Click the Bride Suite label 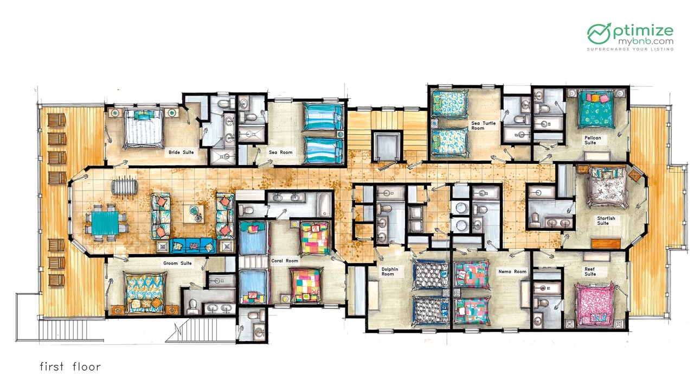(x=181, y=153)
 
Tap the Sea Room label (x=280, y=153)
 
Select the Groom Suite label (x=177, y=263)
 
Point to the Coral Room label (x=285, y=261)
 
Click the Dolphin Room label (x=390, y=272)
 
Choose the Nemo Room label (x=512, y=272)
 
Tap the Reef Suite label (x=590, y=272)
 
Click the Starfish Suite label (x=606, y=220)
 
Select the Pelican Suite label (x=593, y=140)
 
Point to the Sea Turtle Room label (x=483, y=125)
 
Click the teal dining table (x=105, y=223)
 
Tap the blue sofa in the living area (x=192, y=246)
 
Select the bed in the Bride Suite (x=144, y=129)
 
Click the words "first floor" (x=70, y=367)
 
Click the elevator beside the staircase (x=387, y=146)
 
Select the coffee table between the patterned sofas (x=194, y=213)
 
